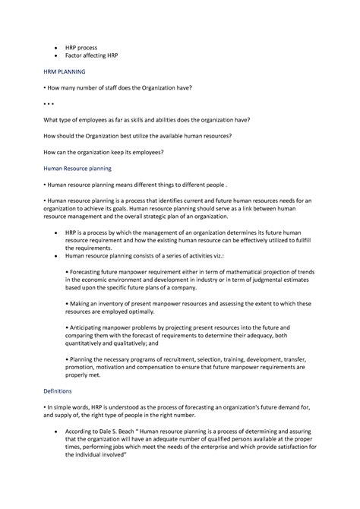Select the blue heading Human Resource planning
(x=79, y=167)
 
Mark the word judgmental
(x=274, y=280)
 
